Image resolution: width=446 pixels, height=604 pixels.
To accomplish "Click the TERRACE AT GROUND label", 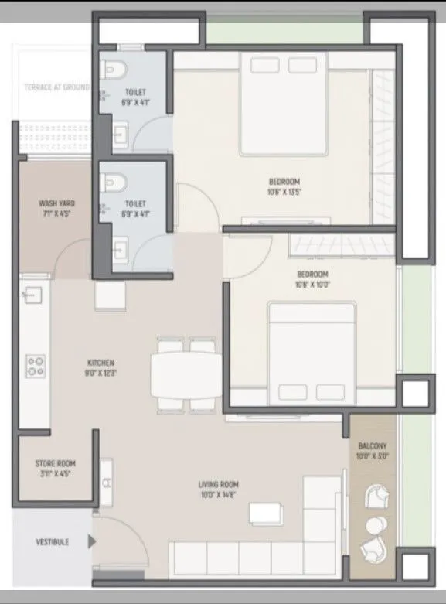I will tap(56, 87).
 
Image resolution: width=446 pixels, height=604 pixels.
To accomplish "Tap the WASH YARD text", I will tap(56, 204).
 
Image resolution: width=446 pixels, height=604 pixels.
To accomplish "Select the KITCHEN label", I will tap(100, 362).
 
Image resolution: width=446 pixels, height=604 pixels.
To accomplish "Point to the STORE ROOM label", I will tap(55, 464).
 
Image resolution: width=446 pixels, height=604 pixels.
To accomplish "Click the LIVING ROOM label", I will tap(217, 485).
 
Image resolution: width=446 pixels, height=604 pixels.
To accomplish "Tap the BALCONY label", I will tap(373, 447).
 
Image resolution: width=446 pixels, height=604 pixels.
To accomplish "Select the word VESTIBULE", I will tap(52, 542).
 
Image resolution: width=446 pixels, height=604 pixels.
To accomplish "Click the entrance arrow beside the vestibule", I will tap(92, 542).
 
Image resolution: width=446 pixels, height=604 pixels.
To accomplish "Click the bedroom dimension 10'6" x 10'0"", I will tap(312, 285).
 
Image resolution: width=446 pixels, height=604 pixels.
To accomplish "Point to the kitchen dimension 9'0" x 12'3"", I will tap(100, 372).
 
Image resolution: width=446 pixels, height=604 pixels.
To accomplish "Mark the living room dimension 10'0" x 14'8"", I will tap(217, 495).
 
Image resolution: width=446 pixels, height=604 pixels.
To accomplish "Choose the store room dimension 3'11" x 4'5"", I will tap(55, 473).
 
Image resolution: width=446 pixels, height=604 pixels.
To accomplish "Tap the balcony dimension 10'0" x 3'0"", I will tap(373, 457).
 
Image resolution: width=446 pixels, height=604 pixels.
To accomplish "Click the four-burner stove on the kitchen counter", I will tap(35, 366).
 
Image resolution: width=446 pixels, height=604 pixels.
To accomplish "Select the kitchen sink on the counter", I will tap(33, 295).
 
